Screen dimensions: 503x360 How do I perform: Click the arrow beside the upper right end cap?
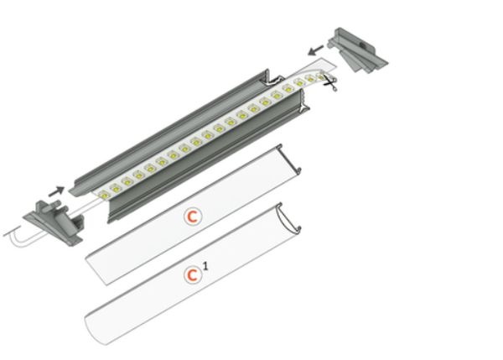316,50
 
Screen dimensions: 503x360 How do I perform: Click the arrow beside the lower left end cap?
56,191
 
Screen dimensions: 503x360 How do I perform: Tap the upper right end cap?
358,50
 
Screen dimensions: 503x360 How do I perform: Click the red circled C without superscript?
193,217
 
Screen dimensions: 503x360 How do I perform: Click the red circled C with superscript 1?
193,275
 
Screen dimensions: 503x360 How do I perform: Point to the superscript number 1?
205,266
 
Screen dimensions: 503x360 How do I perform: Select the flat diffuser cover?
193,215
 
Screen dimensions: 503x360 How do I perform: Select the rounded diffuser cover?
193,274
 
